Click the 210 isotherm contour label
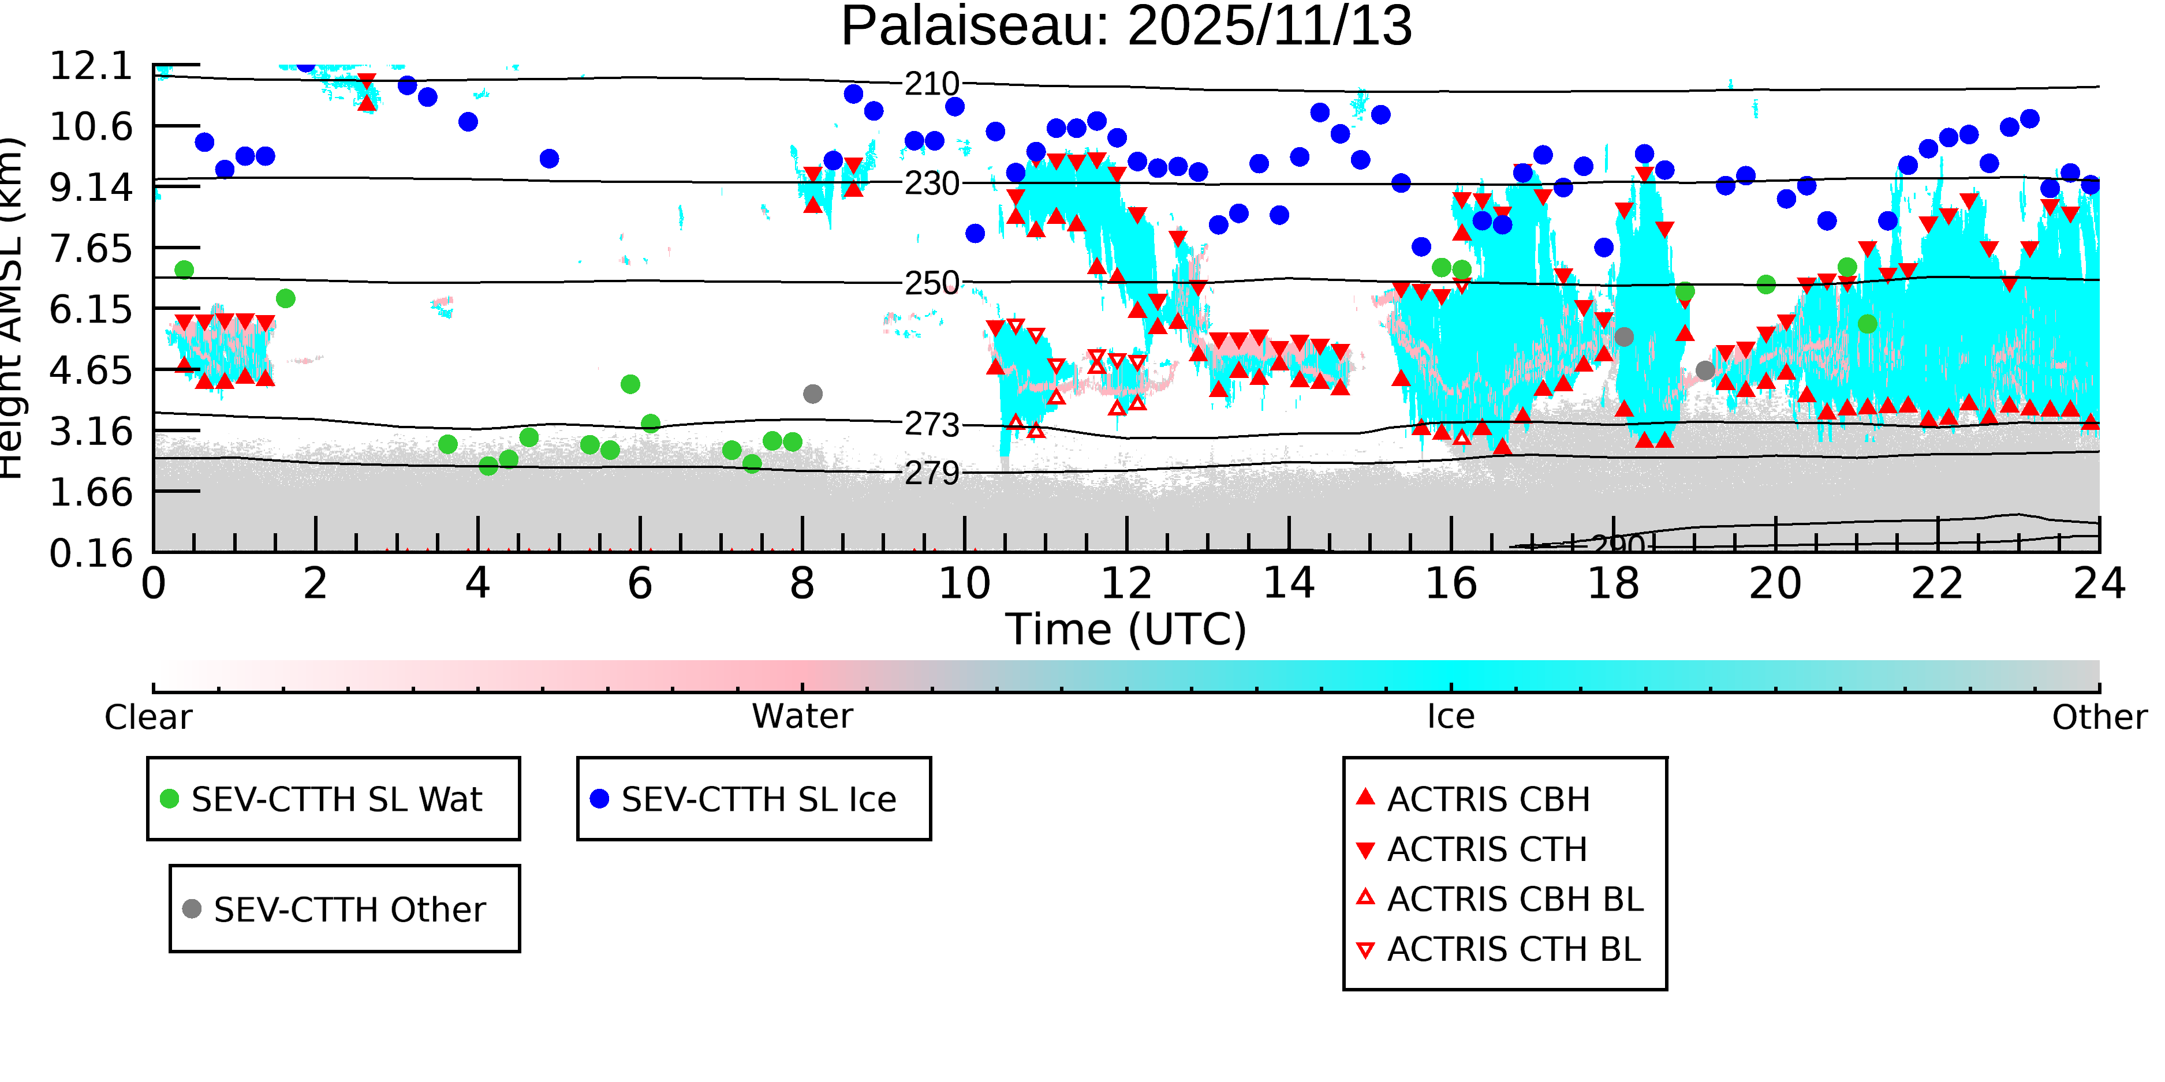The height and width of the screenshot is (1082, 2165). point(932,84)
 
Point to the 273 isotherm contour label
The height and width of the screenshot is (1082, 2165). point(932,425)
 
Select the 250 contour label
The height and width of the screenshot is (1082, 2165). point(932,283)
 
